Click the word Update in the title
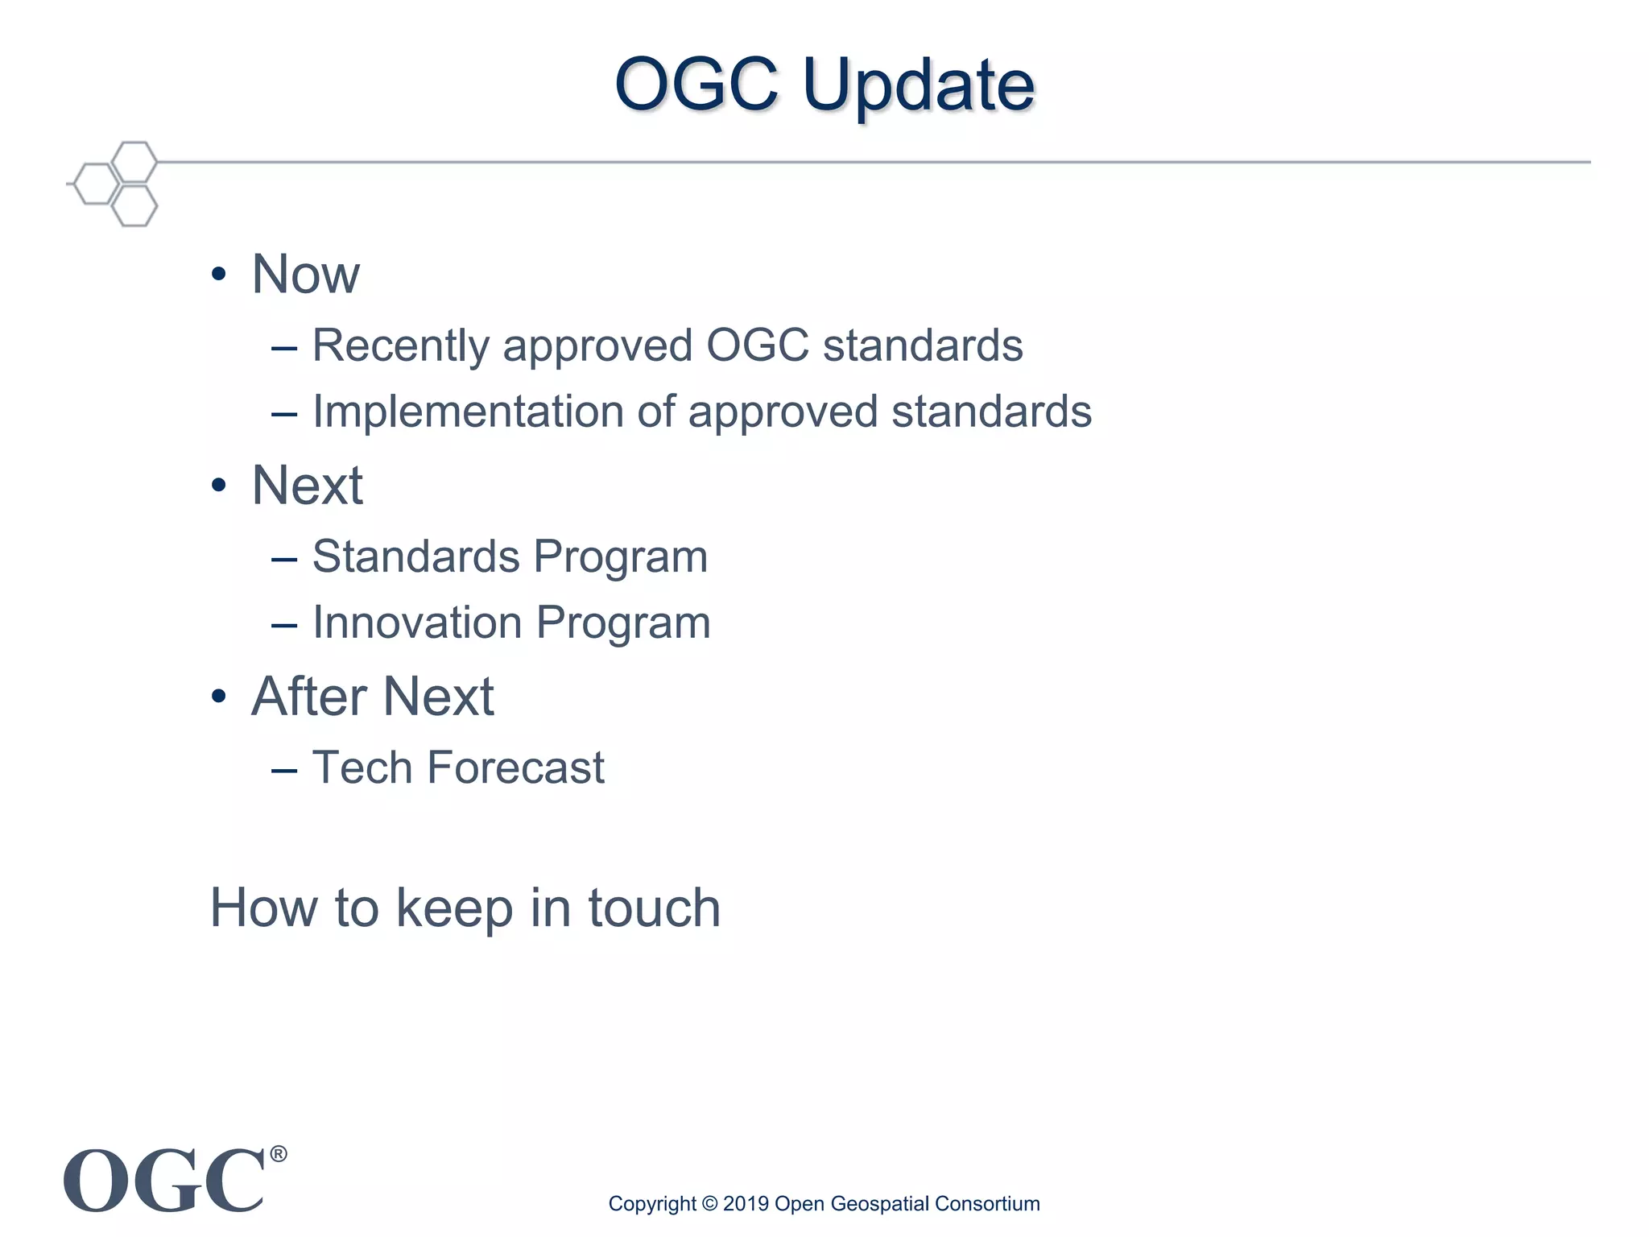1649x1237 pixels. pos(918,85)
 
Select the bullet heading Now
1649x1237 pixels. pos(305,275)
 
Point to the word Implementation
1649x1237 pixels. pos(467,412)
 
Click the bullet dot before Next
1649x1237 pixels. pos(218,486)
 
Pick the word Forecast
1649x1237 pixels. pos(515,767)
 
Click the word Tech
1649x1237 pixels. pos(362,767)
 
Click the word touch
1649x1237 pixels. pos(654,908)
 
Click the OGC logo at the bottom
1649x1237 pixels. pos(164,1181)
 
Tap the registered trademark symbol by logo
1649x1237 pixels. pos(278,1154)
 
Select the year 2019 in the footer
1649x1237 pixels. pos(746,1204)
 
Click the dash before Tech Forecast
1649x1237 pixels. pos(284,771)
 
